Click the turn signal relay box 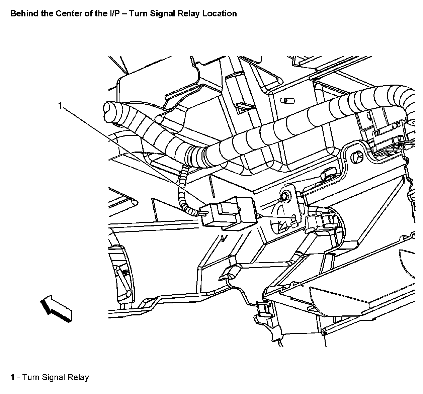(228, 213)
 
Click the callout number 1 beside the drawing (60, 106)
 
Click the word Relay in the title (189, 14)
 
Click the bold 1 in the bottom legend (12, 378)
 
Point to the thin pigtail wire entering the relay (183, 197)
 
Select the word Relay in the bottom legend (78, 378)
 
